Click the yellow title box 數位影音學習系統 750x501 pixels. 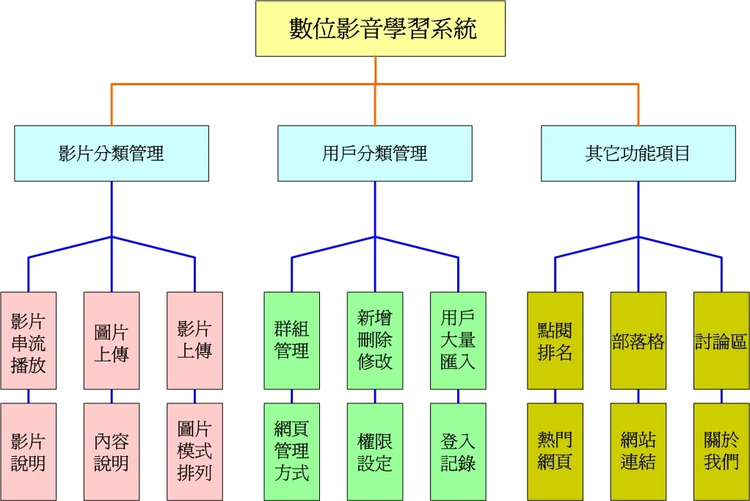380,29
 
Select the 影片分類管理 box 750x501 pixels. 112,153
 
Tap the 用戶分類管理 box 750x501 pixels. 374,153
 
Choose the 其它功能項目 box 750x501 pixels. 638,153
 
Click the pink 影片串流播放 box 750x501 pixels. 29,341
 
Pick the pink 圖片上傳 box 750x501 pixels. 112,341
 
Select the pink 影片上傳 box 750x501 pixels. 194,341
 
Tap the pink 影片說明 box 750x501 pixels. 29,451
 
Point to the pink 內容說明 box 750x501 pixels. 112,451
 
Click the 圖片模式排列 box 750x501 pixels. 194,451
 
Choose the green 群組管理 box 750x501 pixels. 291,341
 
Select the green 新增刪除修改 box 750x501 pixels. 374,341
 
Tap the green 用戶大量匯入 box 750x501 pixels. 458,341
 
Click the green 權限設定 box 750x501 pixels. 374,451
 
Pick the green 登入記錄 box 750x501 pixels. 458,451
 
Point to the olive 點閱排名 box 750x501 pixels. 555,341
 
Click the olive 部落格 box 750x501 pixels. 638,341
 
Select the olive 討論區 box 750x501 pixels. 721,341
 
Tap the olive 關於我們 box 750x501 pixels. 721,451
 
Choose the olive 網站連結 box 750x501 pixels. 638,451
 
